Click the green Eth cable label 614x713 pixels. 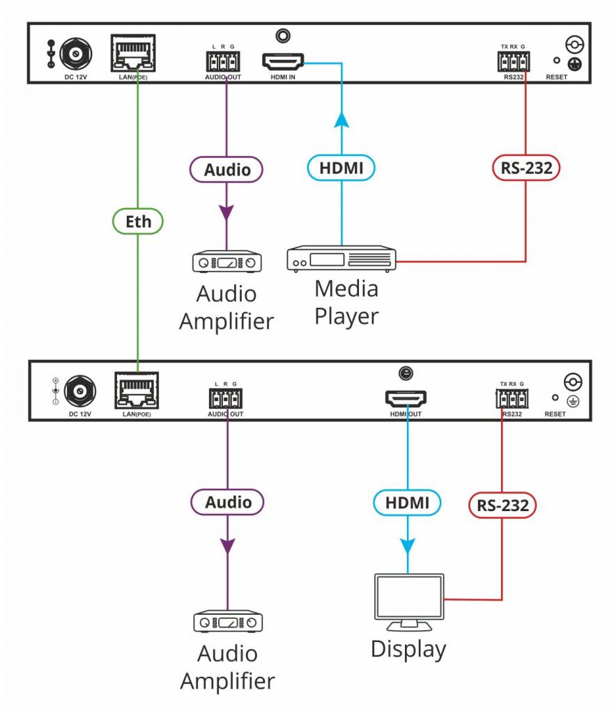coord(137,222)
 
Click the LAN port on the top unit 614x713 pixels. coord(133,52)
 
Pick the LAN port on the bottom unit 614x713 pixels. coord(135,391)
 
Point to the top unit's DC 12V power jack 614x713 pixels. coord(72,53)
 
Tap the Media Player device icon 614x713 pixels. coord(341,259)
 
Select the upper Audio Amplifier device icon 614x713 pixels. coord(227,262)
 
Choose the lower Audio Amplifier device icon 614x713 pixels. coord(227,620)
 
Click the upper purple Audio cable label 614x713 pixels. coord(227,169)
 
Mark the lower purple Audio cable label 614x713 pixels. coord(227,502)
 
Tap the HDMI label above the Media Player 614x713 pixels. coord(341,168)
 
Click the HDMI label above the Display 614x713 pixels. coord(408,501)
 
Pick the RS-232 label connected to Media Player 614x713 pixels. coord(526,168)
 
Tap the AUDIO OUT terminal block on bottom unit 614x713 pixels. coord(224,399)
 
